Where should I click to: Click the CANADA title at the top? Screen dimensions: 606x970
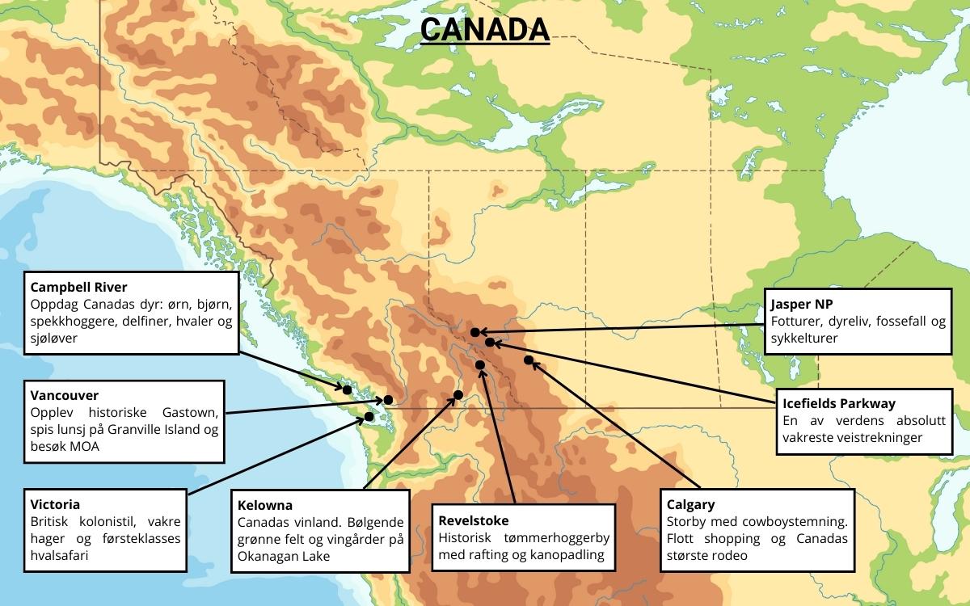point(485,29)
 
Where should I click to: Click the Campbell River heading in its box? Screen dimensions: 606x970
point(78,287)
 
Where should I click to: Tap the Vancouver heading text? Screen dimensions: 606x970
point(65,396)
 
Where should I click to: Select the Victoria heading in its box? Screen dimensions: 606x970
point(54,504)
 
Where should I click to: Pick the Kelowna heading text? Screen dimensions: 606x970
point(265,505)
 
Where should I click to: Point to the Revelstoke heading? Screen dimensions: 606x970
point(473,520)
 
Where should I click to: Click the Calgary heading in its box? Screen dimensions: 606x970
point(690,504)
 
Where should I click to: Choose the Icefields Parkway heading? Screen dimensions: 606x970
point(839,403)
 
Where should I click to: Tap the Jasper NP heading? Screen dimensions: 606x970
point(802,305)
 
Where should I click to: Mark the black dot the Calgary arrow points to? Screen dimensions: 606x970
point(529,360)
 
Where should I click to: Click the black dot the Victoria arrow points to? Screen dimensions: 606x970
point(369,416)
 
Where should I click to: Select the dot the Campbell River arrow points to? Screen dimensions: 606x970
point(347,389)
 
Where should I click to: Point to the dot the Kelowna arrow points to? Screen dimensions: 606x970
point(458,394)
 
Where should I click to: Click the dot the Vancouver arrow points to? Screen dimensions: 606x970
point(388,399)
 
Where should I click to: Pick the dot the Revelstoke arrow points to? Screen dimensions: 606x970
point(480,365)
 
